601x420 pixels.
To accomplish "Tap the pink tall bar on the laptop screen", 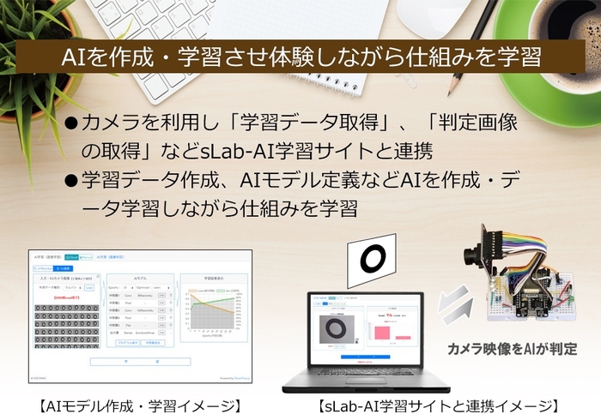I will [x=382, y=328].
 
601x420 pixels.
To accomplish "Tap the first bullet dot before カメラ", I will [x=72, y=123].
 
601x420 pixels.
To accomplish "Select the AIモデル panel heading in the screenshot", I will [x=141, y=279].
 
